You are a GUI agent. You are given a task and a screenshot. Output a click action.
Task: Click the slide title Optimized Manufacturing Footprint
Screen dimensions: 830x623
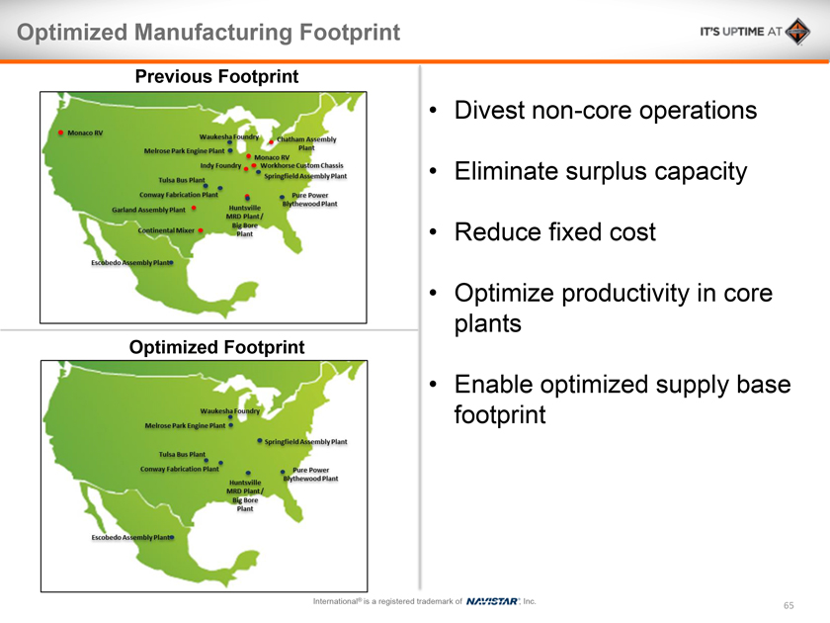[x=208, y=33]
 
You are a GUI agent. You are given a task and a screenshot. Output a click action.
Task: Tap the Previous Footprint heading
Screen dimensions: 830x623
[x=216, y=76]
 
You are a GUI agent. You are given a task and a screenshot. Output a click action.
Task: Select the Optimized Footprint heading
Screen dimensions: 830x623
[x=216, y=347]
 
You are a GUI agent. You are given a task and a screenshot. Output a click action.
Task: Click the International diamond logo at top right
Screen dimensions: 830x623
[x=797, y=32]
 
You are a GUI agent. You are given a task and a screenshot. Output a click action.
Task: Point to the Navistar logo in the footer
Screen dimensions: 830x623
[x=492, y=601]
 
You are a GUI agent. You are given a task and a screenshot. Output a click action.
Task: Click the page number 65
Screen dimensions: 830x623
[x=788, y=605]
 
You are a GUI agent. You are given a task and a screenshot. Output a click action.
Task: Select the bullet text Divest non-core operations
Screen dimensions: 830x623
[x=606, y=110]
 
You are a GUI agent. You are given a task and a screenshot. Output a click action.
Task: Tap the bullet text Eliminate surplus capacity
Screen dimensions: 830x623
[x=601, y=171]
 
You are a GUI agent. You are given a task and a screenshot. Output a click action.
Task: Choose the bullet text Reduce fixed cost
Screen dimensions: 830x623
[x=554, y=232]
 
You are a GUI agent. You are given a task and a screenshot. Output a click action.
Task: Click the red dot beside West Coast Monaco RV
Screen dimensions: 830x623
[x=61, y=133]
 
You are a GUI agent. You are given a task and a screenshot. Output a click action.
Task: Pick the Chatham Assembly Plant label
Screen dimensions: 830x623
[x=306, y=143]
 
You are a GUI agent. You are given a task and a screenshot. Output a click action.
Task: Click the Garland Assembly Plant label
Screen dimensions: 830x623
[x=149, y=210]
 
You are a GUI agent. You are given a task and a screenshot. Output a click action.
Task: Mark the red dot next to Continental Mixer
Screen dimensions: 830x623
[x=201, y=230]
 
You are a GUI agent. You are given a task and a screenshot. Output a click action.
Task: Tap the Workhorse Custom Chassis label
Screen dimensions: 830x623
[x=301, y=165]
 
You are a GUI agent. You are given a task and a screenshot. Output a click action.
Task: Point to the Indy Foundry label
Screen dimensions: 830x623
[x=220, y=166]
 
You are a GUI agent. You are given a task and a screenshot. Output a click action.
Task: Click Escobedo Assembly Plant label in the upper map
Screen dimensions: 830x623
[x=130, y=263]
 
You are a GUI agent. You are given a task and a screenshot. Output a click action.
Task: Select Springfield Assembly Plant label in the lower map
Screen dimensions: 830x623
[x=306, y=442]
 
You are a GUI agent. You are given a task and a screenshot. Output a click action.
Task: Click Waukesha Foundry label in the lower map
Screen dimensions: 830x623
[x=229, y=411]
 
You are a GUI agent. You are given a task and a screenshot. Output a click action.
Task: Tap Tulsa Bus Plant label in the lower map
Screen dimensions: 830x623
[x=182, y=455]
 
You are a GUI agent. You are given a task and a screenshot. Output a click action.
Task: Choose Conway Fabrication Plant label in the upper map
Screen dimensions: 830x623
[x=179, y=195]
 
